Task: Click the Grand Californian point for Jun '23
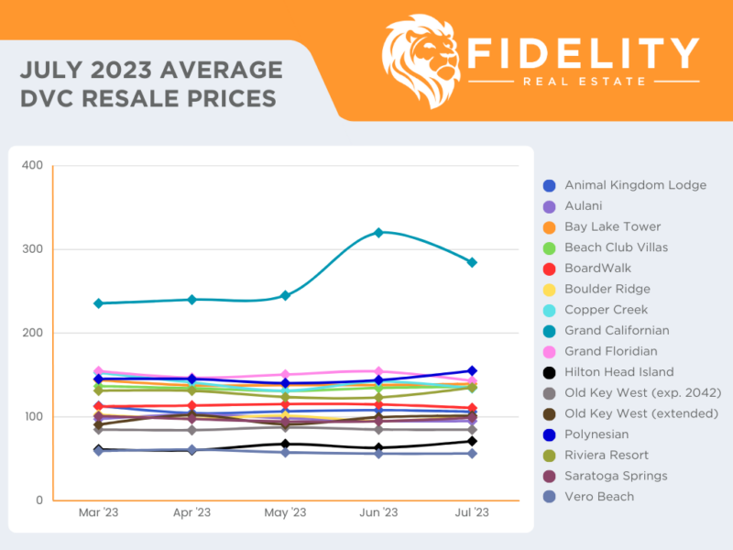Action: point(377,232)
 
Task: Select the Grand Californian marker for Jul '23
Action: point(472,262)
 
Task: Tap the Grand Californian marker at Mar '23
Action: point(98,303)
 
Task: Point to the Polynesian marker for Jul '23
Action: point(472,371)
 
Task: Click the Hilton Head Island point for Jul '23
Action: point(472,441)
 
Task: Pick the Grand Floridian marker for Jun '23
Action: point(377,371)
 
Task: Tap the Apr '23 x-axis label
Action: point(191,512)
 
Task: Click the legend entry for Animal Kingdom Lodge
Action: point(635,185)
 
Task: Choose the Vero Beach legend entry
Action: point(599,497)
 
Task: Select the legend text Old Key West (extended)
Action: point(640,413)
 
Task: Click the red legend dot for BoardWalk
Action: point(548,269)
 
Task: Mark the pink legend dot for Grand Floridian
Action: point(548,351)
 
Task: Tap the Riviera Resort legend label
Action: point(607,456)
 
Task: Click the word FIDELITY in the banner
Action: point(583,53)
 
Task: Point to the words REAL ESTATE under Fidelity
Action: point(584,82)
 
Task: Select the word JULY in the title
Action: point(52,70)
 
